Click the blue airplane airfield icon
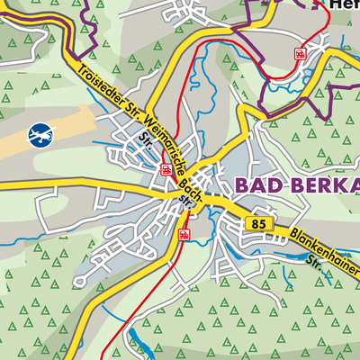(x=40, y=134)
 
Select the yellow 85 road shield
(x=260, y=223)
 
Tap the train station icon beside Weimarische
(x=166, y=168)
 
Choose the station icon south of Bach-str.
(x=183, y=235)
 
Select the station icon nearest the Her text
(x=299, y=53)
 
